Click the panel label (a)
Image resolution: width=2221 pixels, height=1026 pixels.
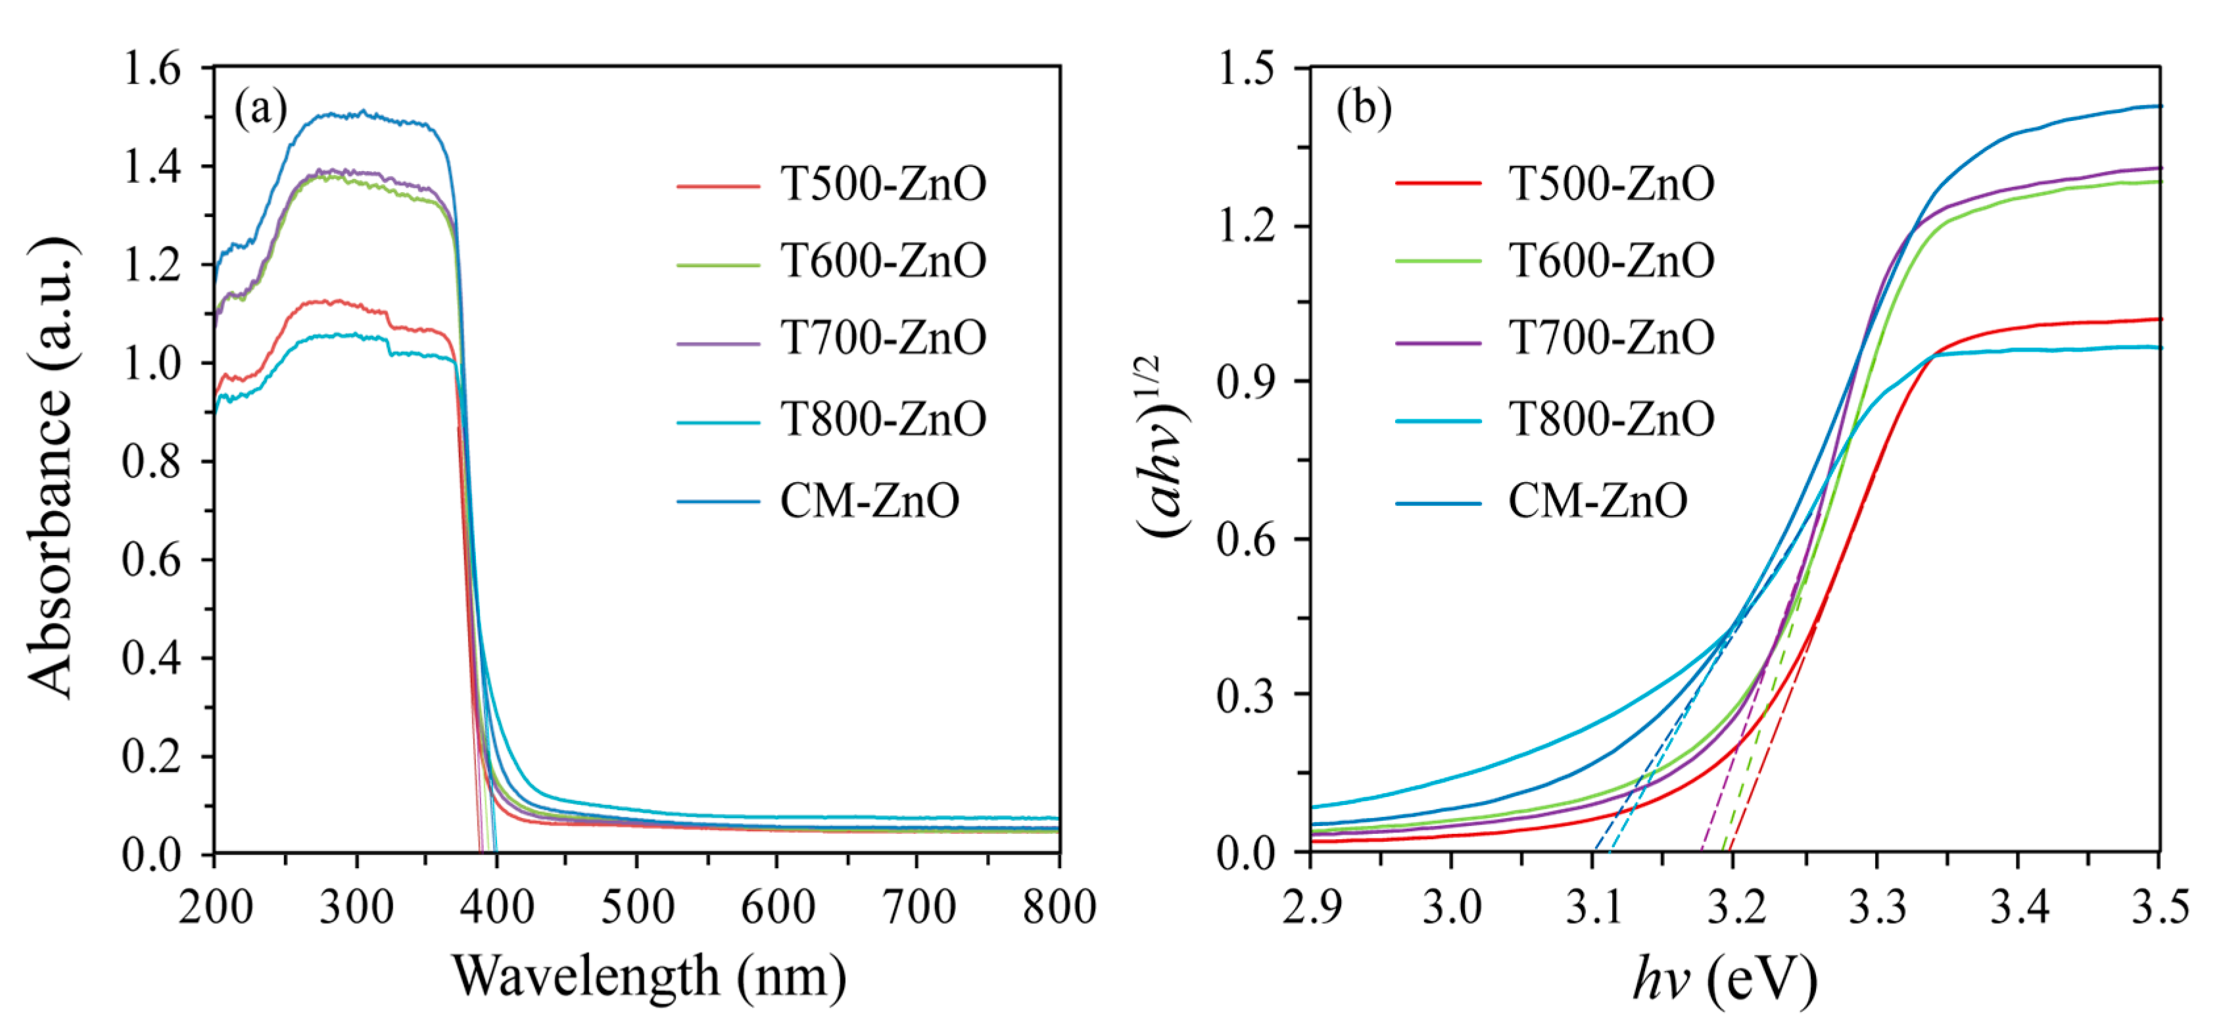[x=260, y=109]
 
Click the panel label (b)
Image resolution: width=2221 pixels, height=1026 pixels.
[x=1363, y=109]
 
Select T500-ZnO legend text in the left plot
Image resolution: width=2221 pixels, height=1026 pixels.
[x=883, y=185]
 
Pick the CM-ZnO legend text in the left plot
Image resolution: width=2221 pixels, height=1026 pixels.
[x=869, y=501]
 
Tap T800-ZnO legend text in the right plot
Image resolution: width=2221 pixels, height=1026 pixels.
[x=1611, y=420]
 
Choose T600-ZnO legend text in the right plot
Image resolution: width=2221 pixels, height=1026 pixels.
[x=1611, y=260]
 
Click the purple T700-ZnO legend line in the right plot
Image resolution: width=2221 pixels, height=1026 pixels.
[x=1438, y=343]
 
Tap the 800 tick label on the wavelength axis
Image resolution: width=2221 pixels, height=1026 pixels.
[x=1058, y=908]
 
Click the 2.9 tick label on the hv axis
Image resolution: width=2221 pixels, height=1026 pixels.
[x=1312, y=908]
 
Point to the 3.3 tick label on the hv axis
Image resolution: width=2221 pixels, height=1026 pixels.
[x=1877, y=908]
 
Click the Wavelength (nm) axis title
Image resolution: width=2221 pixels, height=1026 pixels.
[x=648, y=977]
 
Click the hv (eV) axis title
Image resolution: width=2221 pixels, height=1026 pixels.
[x=1725, y=979]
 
